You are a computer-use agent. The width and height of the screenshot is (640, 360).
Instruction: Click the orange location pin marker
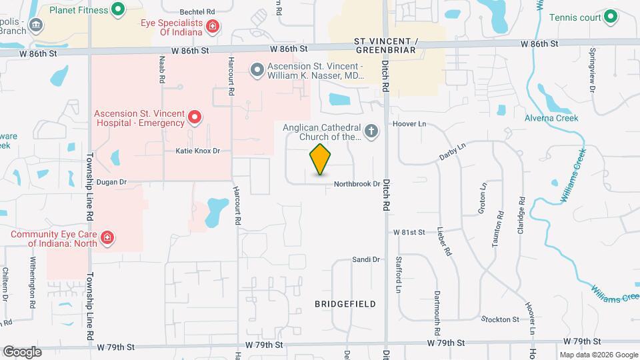(320, 159)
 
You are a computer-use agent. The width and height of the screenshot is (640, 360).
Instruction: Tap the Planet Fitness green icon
(118, 9)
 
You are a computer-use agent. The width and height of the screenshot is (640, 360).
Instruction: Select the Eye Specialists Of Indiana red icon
(213, 27)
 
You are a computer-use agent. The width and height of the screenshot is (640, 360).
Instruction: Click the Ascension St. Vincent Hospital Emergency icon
(195, 118)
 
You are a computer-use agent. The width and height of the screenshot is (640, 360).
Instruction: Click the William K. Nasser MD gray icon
(257, 69)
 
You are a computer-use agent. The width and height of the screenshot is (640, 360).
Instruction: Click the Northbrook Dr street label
(357, 183)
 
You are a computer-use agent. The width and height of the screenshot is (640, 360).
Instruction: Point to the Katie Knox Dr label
(197, 151)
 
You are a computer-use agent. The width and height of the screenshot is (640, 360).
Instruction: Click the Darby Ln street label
(452, 151)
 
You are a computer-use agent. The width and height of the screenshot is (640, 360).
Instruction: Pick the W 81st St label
(409, 232)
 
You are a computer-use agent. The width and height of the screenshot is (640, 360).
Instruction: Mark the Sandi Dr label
(365, 259)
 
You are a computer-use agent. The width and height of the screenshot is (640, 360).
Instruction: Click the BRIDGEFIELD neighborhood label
(345, 304)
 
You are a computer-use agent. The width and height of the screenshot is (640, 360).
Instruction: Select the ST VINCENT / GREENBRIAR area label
(386, 45)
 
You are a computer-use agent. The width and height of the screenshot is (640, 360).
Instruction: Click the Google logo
(22, 351)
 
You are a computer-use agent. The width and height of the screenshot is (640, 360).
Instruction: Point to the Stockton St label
(501, 319)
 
